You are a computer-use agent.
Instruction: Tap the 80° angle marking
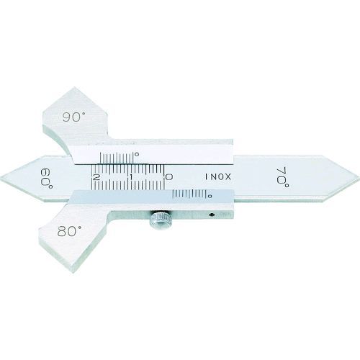point(69,231)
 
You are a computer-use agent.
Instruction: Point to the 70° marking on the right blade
point(283,178)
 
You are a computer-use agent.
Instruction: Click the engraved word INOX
point(218,177)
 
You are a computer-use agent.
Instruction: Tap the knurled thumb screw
point(160,220)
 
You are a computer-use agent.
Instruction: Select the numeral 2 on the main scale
point(96,177)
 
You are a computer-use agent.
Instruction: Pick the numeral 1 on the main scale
point(131,177)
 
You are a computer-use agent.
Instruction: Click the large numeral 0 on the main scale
point(168,177)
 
